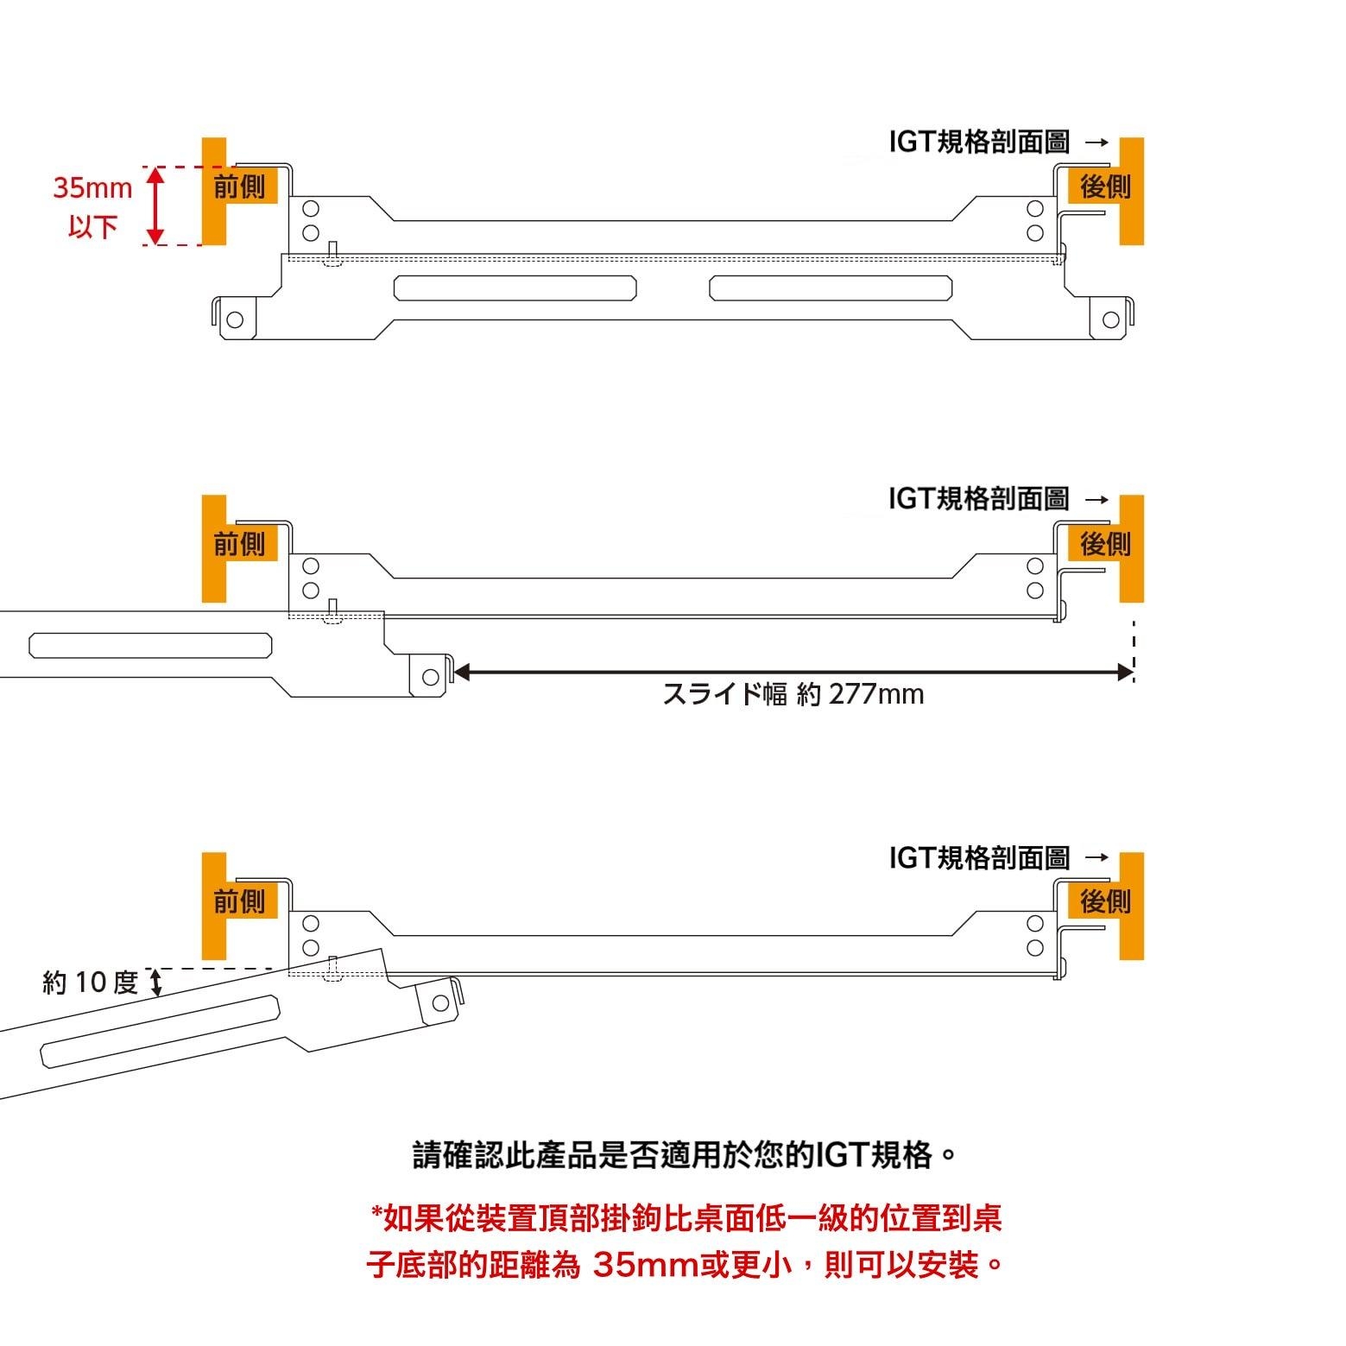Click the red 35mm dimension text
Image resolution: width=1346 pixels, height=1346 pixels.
point(92,188)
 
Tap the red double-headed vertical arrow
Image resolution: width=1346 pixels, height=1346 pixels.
point(155,205)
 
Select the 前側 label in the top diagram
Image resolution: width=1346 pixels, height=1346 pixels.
point(240,186)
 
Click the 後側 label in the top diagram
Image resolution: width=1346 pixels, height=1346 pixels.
point(1104,186)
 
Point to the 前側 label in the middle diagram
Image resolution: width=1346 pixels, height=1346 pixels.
point(240,544)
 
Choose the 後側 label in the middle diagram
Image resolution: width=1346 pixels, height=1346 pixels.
point(1104,544)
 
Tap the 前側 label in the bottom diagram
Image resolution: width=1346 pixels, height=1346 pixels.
point(240,902)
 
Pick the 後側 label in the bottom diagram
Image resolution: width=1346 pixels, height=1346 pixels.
point(1104,902)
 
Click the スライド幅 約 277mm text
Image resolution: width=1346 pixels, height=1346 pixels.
point(793,694)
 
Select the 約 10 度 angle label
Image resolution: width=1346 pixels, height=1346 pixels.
point(91,983)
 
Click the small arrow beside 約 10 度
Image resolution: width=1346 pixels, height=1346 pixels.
point(156,983)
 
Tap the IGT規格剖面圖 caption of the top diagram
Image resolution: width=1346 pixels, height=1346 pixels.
point(979,142)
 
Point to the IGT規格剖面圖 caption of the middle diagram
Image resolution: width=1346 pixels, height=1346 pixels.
point(979,499)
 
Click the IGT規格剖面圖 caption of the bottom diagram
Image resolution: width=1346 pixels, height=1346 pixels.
point(979,858)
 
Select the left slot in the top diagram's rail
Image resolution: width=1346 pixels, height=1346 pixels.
point(515,288)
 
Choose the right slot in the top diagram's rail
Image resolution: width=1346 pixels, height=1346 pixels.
point(831,288)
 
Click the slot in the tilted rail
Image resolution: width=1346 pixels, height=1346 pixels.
point(161,1030)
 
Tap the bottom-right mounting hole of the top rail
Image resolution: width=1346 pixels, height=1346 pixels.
point(1111,320)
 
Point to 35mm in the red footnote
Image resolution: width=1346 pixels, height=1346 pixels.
point(645,1266)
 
